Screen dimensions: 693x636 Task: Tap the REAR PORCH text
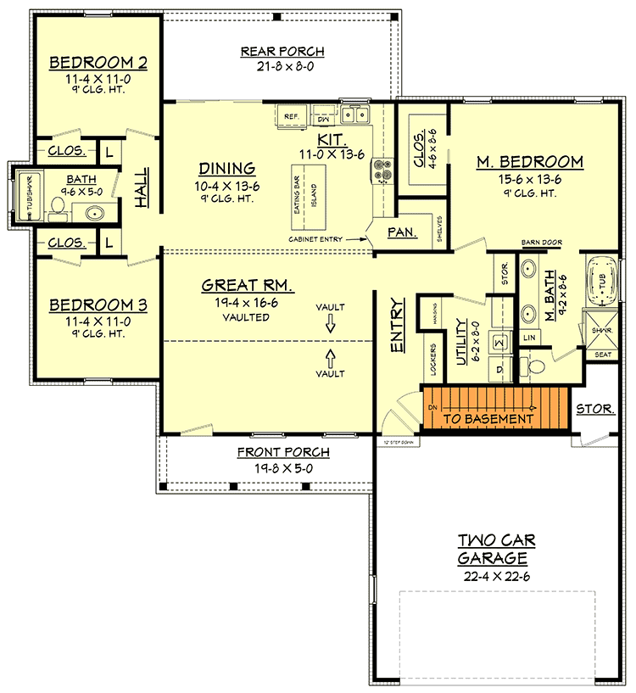pos(282,52)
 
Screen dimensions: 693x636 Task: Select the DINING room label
pos(227,168)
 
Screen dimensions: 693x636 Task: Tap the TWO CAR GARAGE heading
pos(496,550)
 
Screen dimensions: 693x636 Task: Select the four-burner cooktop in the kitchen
pos(378,170)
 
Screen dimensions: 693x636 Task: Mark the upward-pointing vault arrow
pos(331,355)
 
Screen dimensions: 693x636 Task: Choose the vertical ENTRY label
pos(396,325)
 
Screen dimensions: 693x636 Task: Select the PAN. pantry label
pos(400,232)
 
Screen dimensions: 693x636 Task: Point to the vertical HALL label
pos(141,190)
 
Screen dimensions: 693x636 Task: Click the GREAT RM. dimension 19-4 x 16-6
pos(236,302)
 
